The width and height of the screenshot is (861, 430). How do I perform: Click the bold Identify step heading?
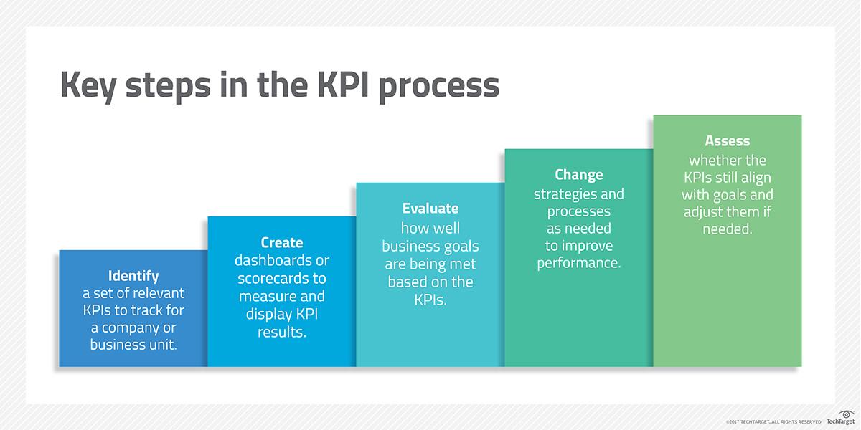[x=133, y=276]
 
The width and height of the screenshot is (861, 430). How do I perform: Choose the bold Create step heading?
[x=282, y=242]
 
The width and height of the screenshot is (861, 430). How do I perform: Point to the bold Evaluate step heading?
[x=430, y=209]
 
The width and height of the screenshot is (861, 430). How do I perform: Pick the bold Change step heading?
[x=579, y=175]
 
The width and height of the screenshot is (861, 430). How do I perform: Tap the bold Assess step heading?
[x=727, y=141]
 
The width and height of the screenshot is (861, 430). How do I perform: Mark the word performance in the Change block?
[x=578, y=263]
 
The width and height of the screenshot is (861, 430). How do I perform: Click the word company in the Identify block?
[x=140, y=328]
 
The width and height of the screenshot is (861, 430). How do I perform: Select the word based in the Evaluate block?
[x=407, y=282]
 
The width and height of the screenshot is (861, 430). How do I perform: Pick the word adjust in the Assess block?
[x=701, y=213]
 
